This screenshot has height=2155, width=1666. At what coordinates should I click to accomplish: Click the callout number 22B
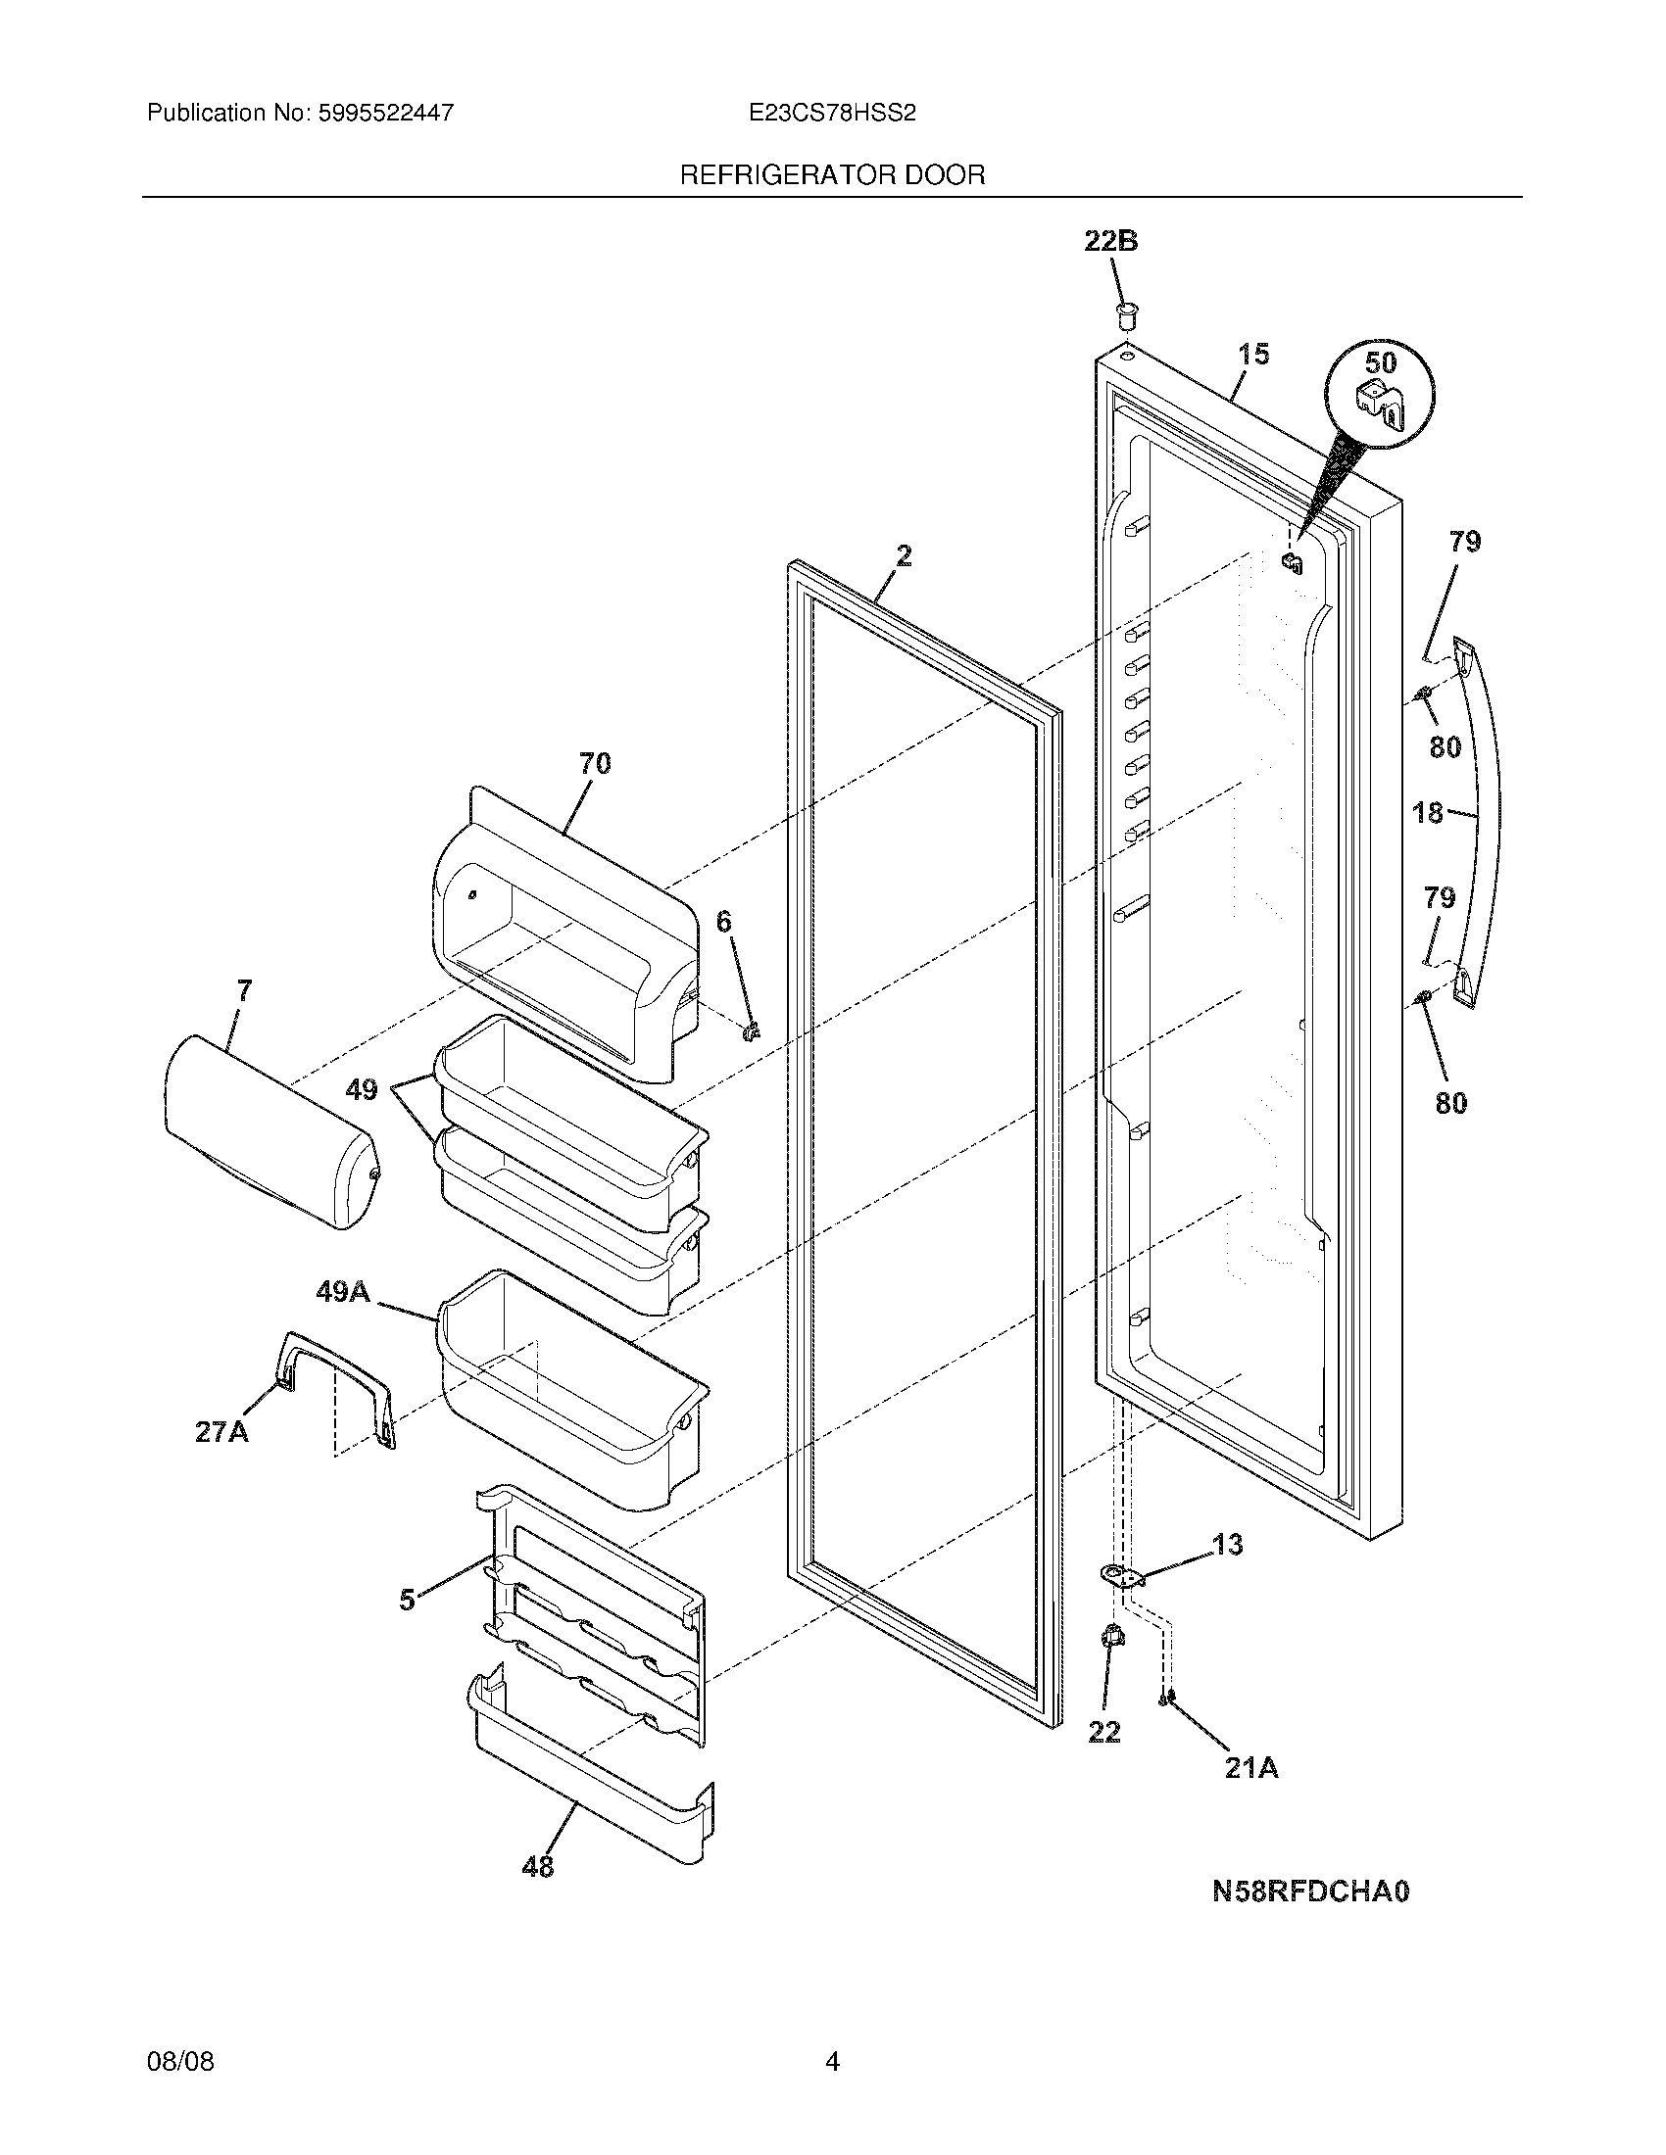[1111, 240]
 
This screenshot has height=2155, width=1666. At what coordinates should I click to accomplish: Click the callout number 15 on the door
[1253, 355]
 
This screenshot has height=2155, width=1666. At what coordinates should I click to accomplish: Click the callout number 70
[594, 763]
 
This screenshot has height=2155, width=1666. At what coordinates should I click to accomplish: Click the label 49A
[342, 1292]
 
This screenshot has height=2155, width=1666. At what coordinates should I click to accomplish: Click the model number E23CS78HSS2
[832, 114]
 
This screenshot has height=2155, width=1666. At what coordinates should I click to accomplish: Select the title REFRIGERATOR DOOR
[832, 175]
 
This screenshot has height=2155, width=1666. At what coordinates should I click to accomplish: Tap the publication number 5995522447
[385, 114]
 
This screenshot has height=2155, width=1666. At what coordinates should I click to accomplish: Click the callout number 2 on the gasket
[904, 555]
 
